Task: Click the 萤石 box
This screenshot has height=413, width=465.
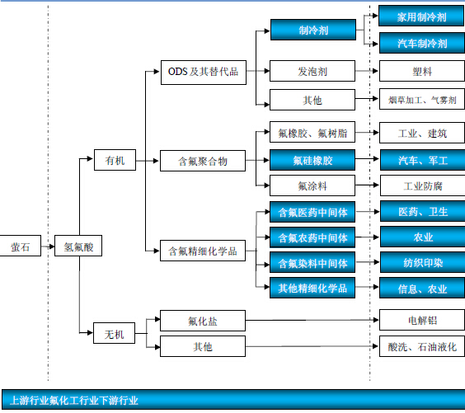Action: coord(20,246)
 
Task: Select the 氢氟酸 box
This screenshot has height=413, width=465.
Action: coord(78,246)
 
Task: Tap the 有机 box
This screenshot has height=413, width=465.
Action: coord(115,160)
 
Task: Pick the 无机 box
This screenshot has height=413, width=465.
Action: coord(114,333)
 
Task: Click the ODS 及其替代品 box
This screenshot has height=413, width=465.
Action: coord(204,73)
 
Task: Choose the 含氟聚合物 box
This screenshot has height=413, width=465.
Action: coord(203,161)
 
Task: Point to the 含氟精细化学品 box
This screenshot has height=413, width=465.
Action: coord(203,251)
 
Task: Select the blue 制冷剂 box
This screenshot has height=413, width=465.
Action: coord(313,30)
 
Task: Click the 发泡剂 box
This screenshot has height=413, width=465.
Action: coord(312,71)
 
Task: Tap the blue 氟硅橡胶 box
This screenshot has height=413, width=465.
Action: coord(312,160)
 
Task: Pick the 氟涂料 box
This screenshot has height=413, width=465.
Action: coord(312,185)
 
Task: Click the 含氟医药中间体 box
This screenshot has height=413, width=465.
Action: coord(312,212)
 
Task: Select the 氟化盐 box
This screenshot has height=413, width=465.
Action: coord(203,321)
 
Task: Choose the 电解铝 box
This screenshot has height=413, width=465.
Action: coord(422,320)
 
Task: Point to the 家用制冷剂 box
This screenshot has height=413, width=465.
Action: coord(421,16)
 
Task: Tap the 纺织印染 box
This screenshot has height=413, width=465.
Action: coord(423,262)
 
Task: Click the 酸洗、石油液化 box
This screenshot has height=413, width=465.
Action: coord(422,346)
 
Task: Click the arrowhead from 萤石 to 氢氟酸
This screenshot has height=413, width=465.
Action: coord(52,246)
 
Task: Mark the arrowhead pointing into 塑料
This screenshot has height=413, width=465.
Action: coord(375,71)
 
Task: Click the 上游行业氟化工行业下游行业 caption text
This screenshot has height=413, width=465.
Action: coord(74,401)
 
